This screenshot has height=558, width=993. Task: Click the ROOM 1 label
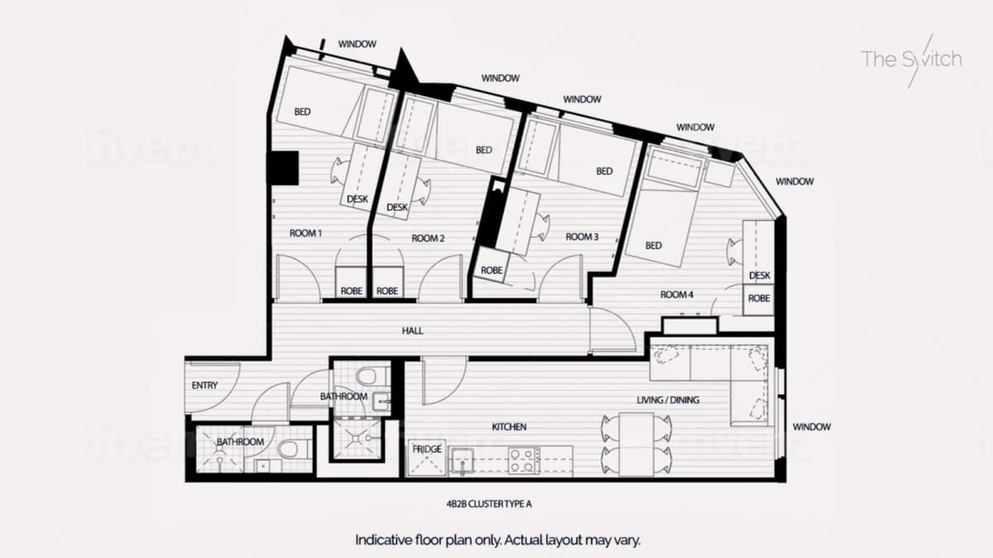305,233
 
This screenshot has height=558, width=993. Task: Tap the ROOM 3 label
582,237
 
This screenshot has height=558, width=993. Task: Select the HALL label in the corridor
412,331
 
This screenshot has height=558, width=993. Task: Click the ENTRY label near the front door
205,385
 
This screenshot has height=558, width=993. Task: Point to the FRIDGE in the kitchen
426,458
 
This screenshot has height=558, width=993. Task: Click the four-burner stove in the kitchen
524,461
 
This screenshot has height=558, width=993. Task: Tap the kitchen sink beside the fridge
462,461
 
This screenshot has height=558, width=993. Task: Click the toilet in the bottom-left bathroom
295,449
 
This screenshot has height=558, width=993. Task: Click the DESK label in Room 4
760,275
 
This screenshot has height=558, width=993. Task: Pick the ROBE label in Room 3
492,270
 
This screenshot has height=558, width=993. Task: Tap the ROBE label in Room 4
759,298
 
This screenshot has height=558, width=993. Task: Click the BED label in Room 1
302,112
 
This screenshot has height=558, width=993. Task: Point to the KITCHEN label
510,427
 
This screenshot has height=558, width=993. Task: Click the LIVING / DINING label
668,400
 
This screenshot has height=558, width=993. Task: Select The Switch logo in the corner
911,60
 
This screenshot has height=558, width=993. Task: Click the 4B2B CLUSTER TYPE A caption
489,504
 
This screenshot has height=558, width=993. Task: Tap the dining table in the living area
636,444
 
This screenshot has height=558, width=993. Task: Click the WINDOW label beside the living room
812,427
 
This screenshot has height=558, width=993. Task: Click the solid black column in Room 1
283,169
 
